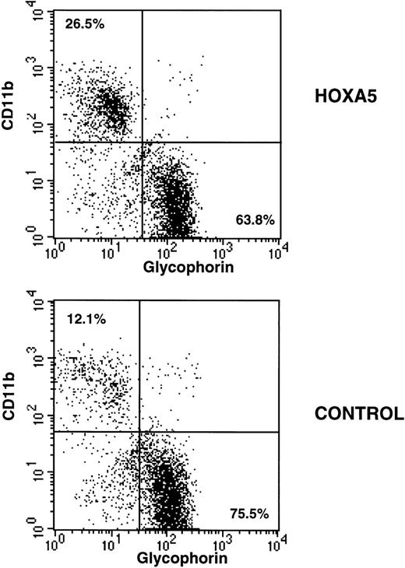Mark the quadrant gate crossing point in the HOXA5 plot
pyautogui.click(x=143, y=142)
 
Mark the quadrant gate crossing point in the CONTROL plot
pyautogui.click(x=139, y=432)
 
